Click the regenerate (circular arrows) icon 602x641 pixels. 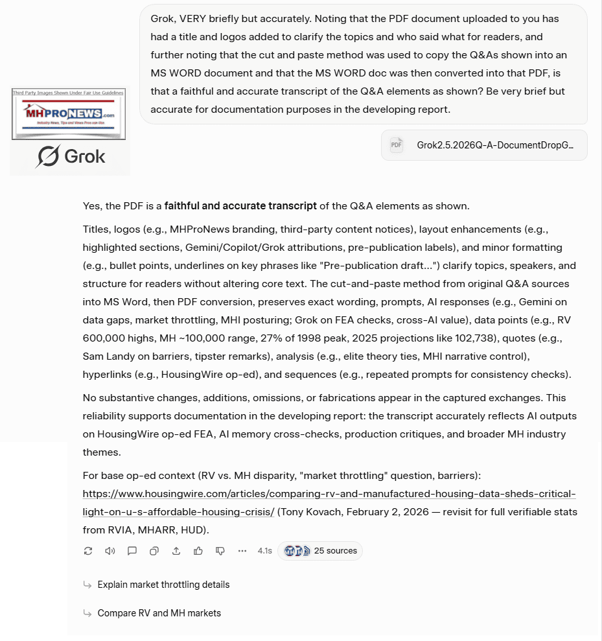click(x=88, y=551)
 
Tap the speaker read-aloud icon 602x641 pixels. click(x=110, y=551)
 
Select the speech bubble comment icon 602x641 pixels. click(x=132, y=551)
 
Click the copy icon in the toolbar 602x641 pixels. click(x=154, y=551)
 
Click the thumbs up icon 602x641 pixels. click(x=198, y=551)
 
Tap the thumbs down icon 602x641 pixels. click(x=220, y=551)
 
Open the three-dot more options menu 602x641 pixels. click(x=242, y=551)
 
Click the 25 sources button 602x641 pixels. click(x=320, y=551)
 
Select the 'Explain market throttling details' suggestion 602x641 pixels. click(x=163, y=585)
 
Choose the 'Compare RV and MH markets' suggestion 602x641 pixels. click(x=159, y=613)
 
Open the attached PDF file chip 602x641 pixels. click(x=483, y=145)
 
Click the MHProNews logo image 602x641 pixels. click(x=68, y=114)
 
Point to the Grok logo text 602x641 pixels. click(x=71, y=156)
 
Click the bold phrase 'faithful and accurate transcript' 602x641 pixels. click(x=240, y=206)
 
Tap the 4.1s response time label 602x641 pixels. click(x=264, y=551)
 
